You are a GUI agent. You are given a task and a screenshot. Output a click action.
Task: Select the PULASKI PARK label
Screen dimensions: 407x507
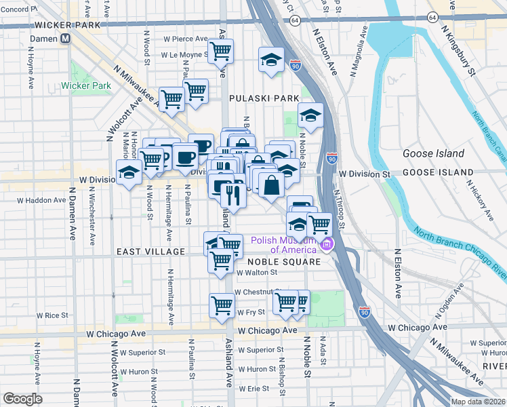pyautogui.click(x=264, y=98)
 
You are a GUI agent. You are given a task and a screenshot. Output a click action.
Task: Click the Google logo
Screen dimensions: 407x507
pyautogui.click(x=23, y=399)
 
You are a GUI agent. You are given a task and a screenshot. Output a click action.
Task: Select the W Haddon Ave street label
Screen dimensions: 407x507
pyautogui.click(x=42, y=200)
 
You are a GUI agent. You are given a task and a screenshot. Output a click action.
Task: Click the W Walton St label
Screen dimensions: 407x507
pyautogui.click(x=257, y=273)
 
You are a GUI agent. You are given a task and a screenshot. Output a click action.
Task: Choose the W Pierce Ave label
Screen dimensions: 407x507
pyautogui.click(x=184, y=39)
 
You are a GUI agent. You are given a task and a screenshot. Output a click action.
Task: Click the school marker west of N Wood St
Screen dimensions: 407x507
pyautogui.click(x=128, y=173)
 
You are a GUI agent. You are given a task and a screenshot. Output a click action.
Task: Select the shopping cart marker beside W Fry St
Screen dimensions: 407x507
pyautogui.click(x=222, y=306)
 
